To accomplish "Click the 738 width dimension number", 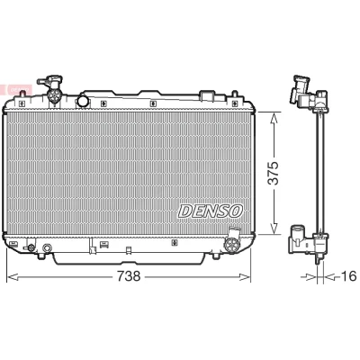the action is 129,276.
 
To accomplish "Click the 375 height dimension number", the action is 274,174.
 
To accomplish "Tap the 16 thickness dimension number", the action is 349,276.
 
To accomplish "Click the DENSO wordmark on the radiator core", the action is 211,211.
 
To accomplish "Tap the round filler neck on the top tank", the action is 83,101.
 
